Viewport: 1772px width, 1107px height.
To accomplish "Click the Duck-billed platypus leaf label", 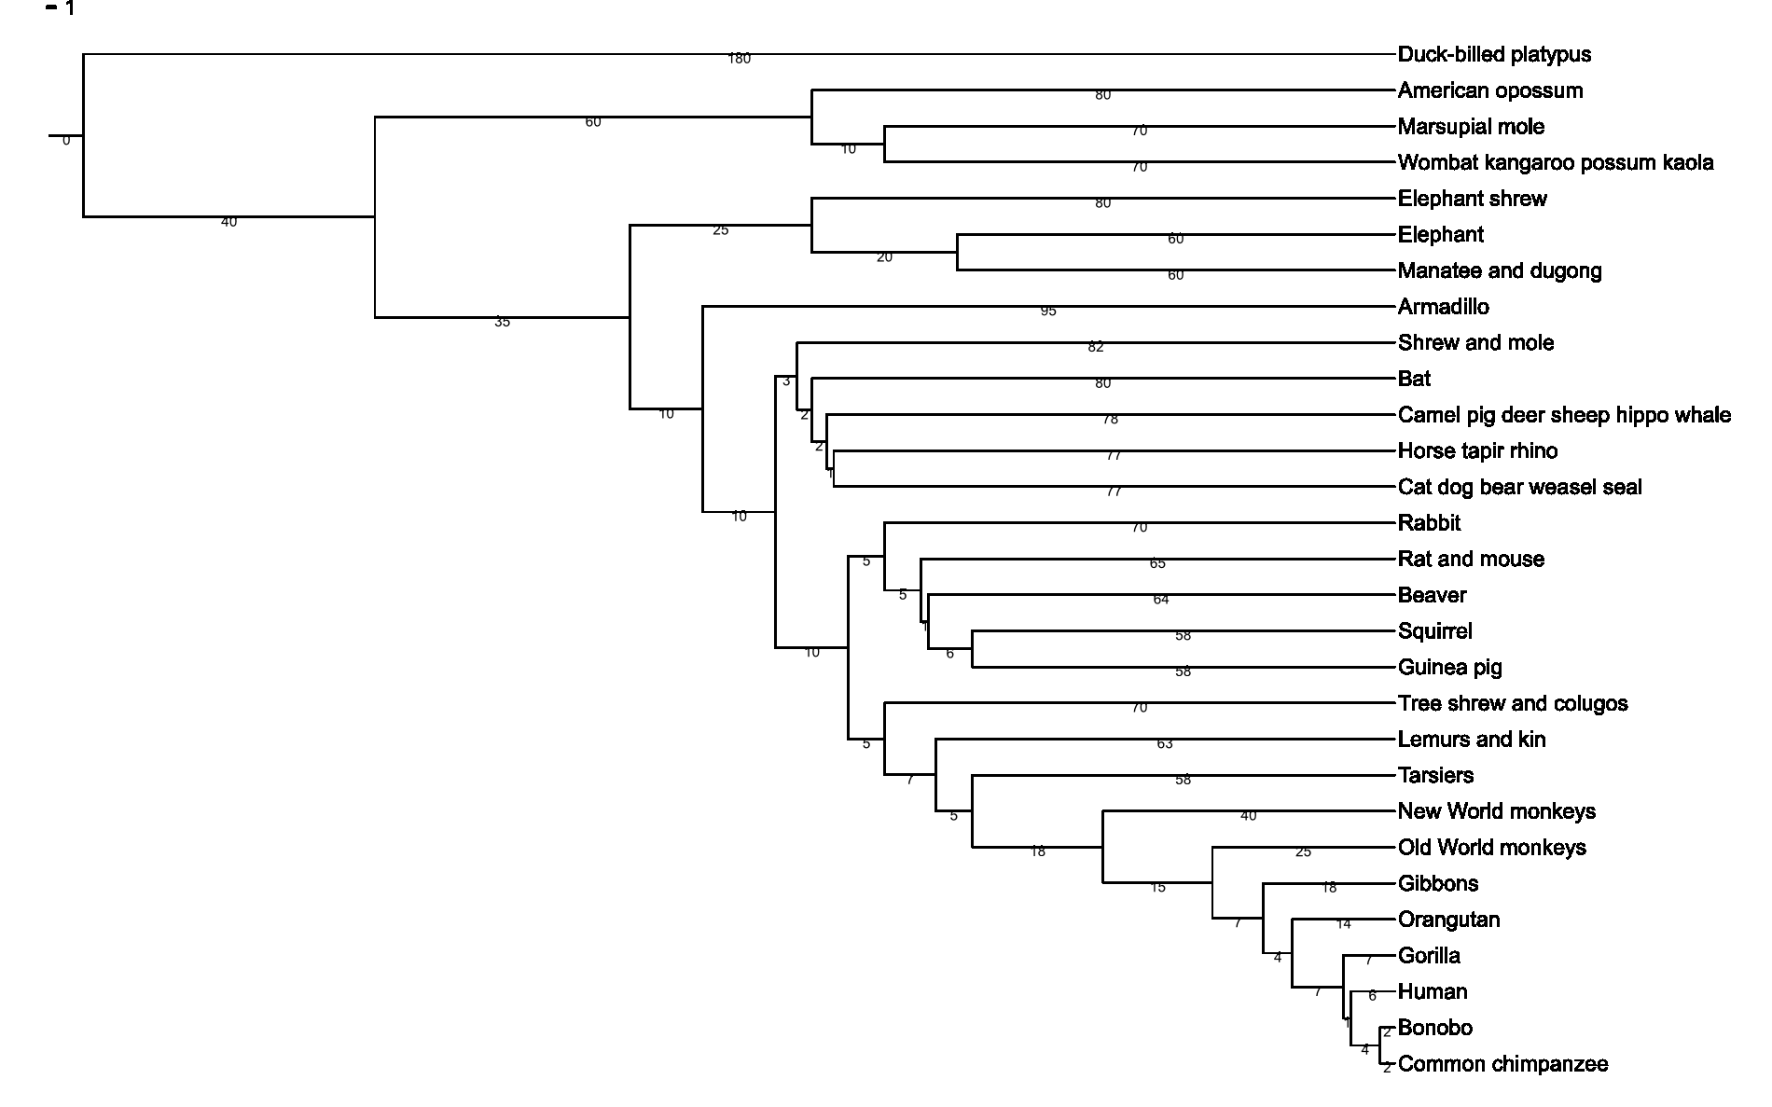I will pyautogui.click(x=1494, y=55).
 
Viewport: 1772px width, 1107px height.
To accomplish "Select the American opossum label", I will pyautogui.click(x=1489, y=90).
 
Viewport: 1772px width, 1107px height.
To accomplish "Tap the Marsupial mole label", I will pyautogui.click(x=1471, y=127).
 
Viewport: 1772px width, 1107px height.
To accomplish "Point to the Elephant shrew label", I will pyautogui.click(x=1472, y=199).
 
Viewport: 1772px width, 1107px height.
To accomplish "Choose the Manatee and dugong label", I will pyautogui.click(x=1500, y=271).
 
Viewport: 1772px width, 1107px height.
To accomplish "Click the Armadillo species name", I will pyautogui.click(x=1443, y=307).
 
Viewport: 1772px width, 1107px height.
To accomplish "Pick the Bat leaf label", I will pyautogui.click(x=1414, y=380).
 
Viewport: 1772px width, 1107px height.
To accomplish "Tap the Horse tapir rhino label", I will pyautogui.click(x=1477, y=451).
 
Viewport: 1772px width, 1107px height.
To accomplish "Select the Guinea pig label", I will pyautogui.click(x=1449, y=668).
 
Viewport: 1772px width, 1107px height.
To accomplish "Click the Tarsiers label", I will pyautogui.click(x=1435, y=776).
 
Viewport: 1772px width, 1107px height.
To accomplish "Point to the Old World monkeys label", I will pyautogui.click(x=1491, y=848).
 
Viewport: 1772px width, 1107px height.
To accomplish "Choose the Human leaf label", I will pyautogui.click(x=1432, y=992).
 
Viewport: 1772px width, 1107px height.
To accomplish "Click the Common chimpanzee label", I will pyautogui.click(x=1502, y=1064).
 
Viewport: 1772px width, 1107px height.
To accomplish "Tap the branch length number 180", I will pyautogui.click(x=739, y=59).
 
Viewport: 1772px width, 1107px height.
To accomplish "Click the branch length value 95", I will pyautogui.click(x=1048, y=311).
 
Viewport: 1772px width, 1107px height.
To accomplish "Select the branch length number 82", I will pyautogui.click(x=1096, y=348).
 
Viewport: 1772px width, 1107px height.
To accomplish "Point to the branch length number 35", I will pyautogui.click(x=502, y=323).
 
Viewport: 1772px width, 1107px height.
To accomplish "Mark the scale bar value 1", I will pyautogui.click(x=70, y=9).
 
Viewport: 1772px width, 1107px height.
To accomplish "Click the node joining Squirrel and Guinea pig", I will pyautogui.click(x=973, y=649).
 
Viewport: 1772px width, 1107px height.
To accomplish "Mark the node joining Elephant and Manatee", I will pyautogui.click(x=958, y=253).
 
